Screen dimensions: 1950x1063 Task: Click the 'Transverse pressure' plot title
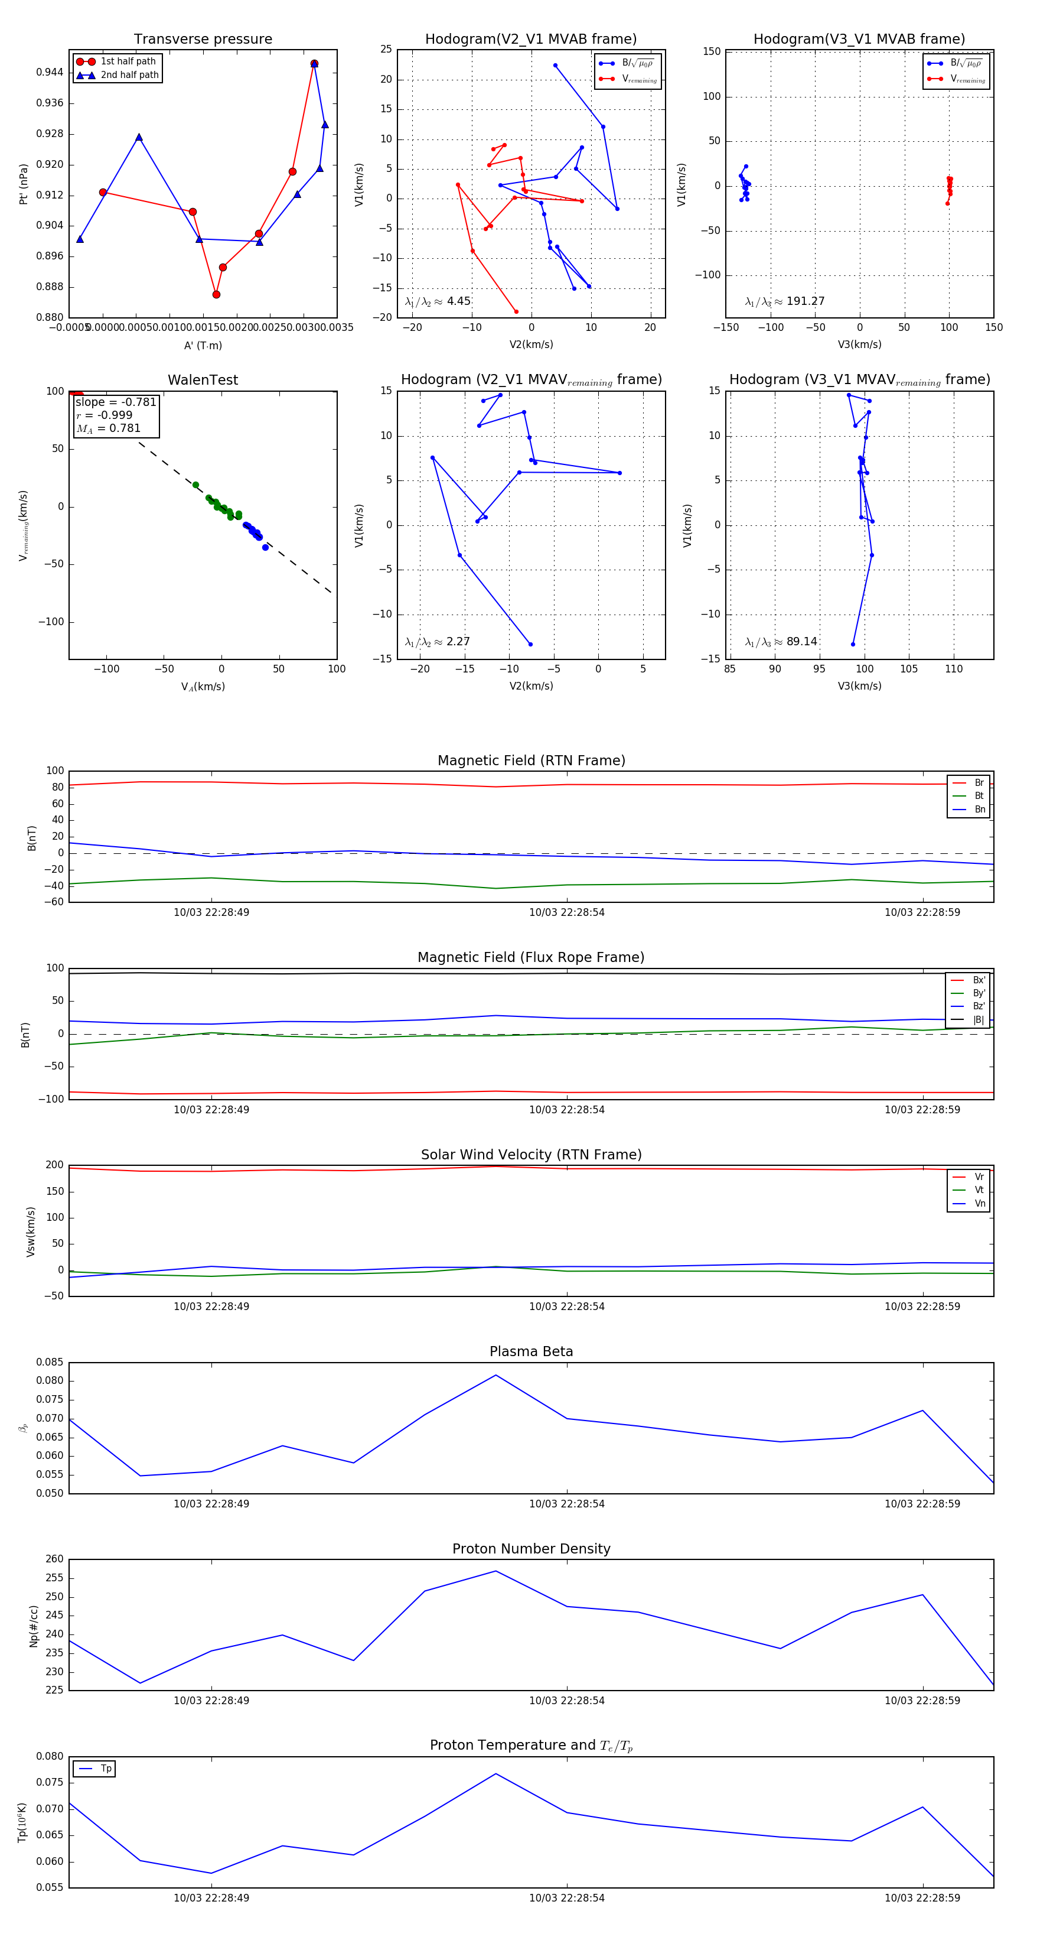pos(203,40)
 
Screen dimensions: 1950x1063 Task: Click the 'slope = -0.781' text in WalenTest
pos(116,402)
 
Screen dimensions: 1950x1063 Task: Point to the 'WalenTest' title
pos(203,380)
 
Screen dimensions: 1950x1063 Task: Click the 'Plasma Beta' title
pos(531,1351)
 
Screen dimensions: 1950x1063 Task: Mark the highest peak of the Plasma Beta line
pos(495,1374)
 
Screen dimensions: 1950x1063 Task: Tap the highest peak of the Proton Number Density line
pos(495,1571)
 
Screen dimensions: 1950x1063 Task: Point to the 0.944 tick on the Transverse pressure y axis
pos(50,73)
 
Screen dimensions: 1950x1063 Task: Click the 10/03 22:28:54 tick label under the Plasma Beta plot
pos(567,1503)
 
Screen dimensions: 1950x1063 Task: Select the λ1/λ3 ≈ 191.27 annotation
pos(785,301)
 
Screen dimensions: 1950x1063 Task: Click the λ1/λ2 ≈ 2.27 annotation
pos(437,642)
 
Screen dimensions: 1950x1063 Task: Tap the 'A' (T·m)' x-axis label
pos(203,345)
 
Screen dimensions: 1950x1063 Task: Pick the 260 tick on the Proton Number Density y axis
pos(54,1559)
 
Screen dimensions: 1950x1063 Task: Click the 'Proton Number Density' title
pos(531,1549)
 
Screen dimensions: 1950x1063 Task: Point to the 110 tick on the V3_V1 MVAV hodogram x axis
pos(953,669)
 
